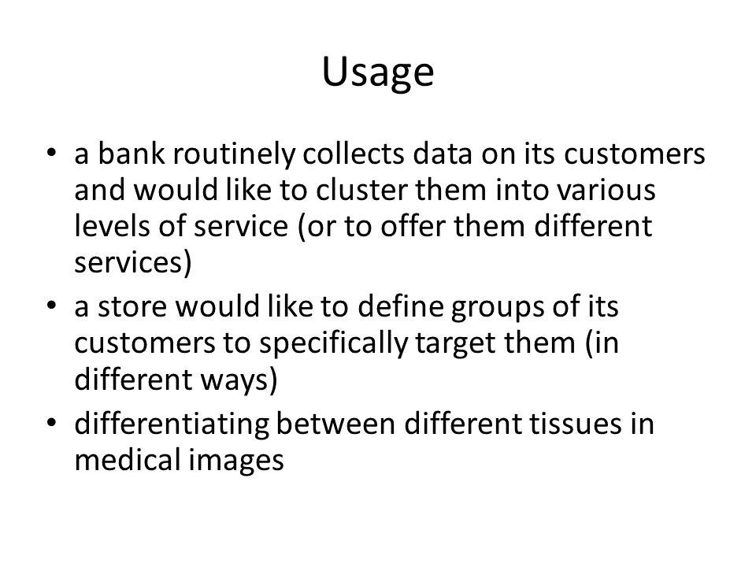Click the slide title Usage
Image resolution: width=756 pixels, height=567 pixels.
coord(378,72)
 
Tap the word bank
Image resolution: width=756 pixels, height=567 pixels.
coord(132,154)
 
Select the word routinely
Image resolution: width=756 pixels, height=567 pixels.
coord(234,155)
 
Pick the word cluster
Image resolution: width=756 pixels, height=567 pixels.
coord(361,190)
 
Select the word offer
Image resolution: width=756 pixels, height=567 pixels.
coord(413,226)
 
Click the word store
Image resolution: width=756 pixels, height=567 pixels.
coord(132,307)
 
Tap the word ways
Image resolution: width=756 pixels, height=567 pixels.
coord(239,381)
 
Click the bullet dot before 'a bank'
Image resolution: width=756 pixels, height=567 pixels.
coord(52,153)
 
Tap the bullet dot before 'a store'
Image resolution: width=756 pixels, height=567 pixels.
coord(52,306)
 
